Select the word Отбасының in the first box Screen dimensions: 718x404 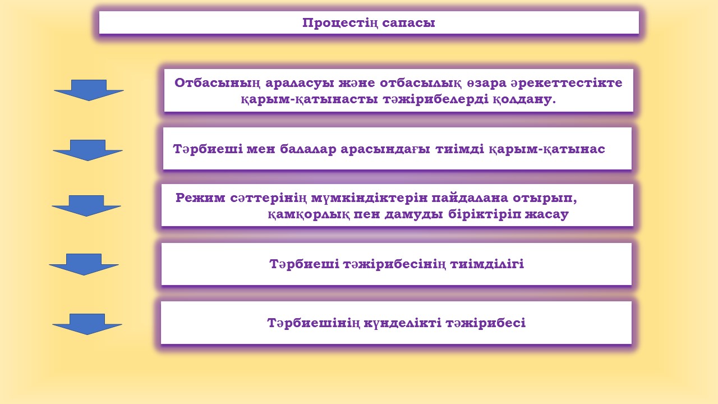point(217,83)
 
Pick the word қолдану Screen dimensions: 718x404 point(524,99)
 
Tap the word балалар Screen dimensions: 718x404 point(308,149)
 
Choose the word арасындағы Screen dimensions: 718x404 point(385,149)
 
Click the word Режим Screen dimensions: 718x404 point(200,198)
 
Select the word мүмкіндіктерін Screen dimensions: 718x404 point(369,198)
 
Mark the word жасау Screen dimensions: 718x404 point(547,214)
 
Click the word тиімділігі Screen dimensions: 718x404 point(487,264)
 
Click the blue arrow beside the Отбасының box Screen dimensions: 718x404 point(89,90)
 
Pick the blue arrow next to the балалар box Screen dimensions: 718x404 point(88,150)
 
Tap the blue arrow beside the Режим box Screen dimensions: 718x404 point(86,206)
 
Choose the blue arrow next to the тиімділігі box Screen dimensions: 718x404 point(84,264)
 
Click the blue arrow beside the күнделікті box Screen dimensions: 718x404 point(87,324)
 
